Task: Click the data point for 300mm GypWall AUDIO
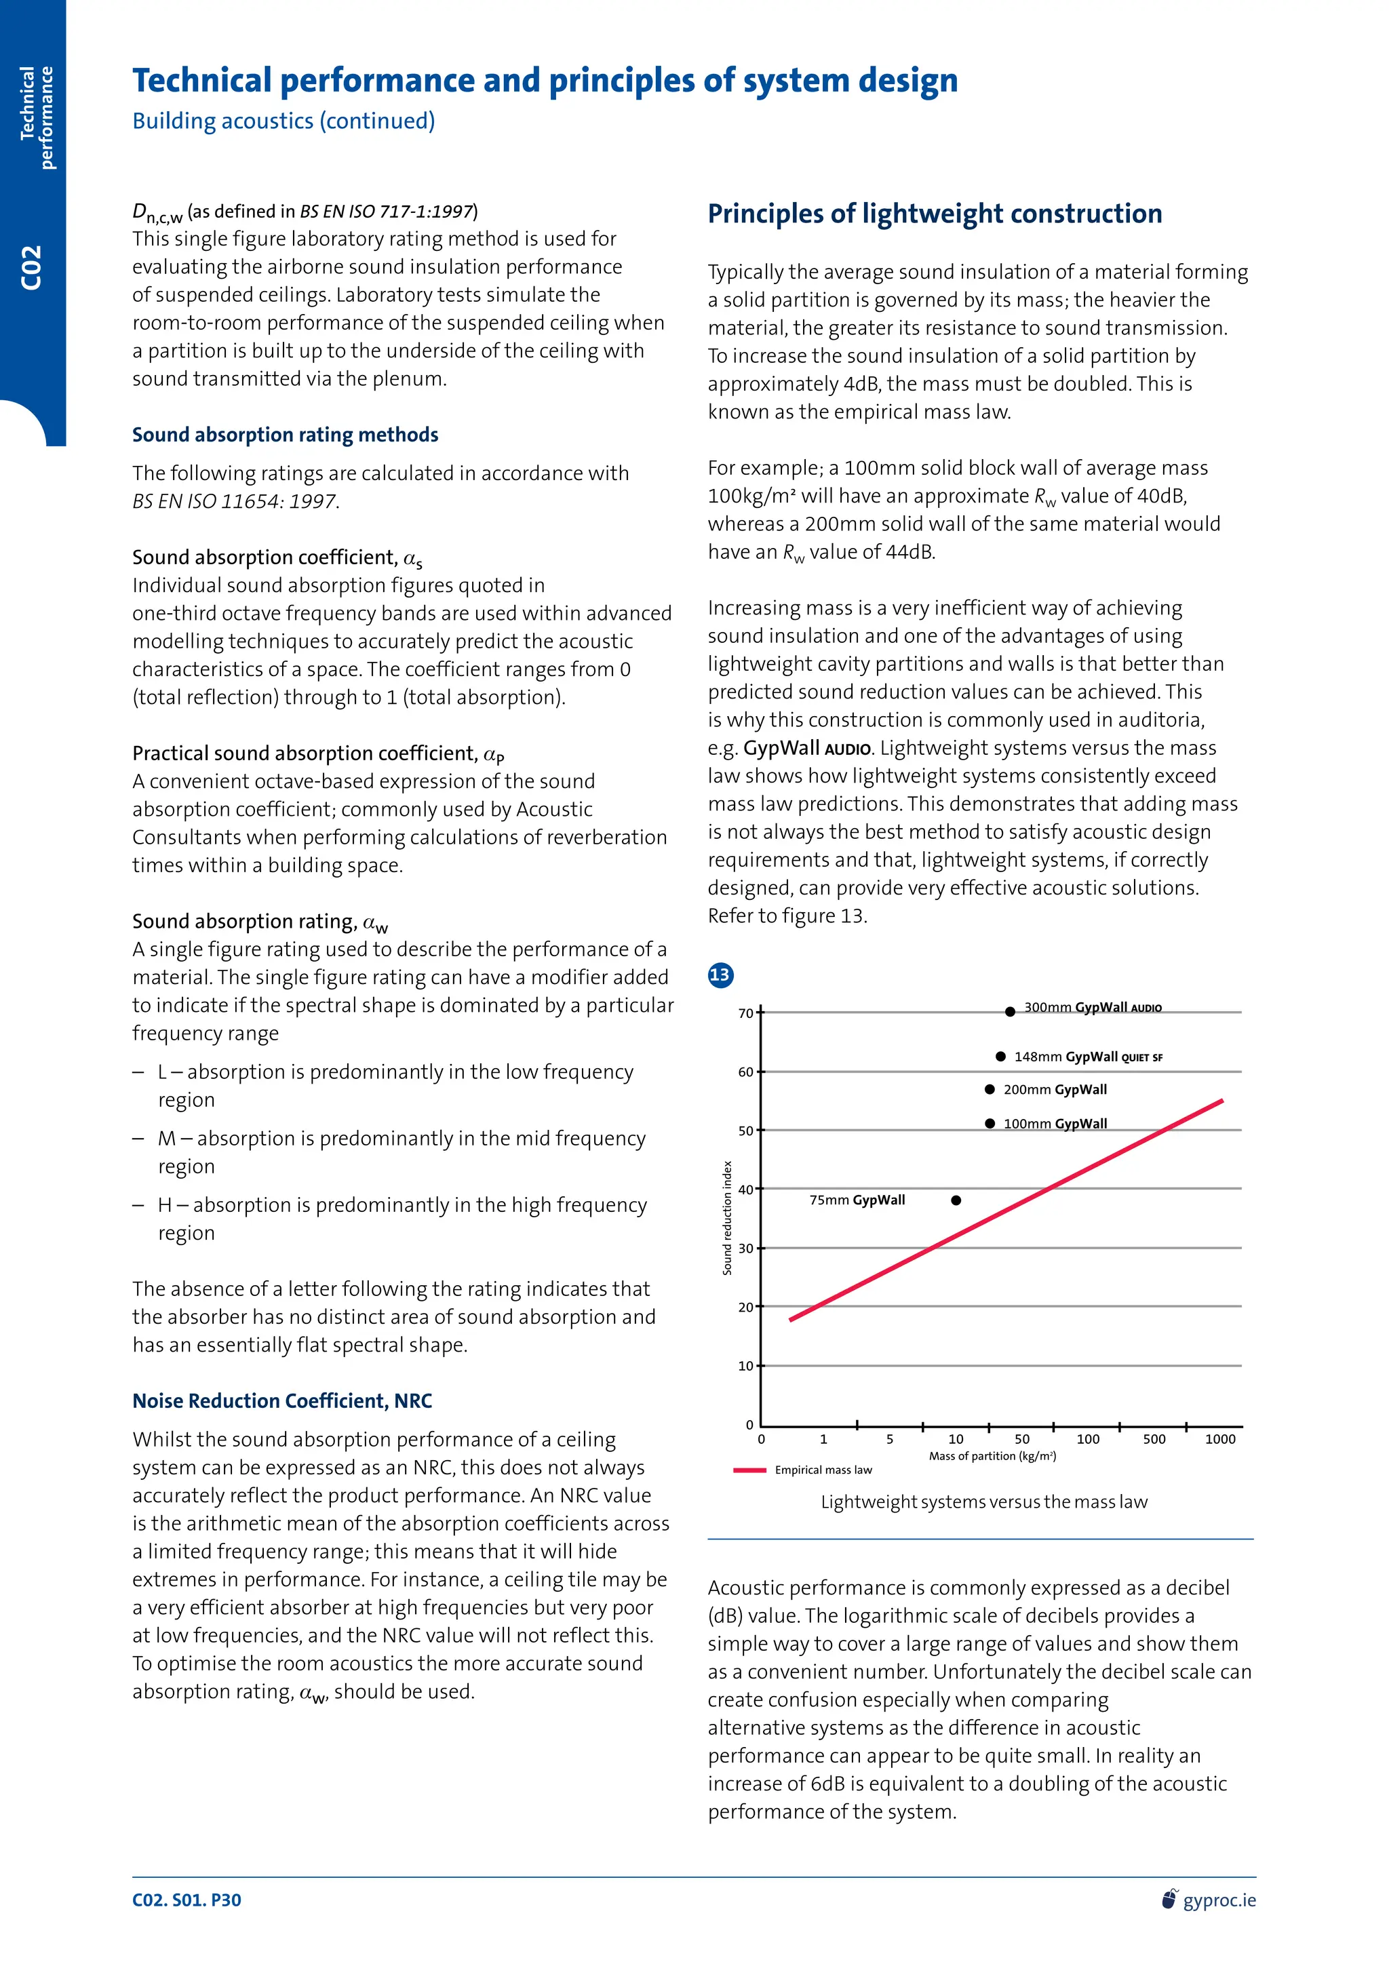point(1010,1012)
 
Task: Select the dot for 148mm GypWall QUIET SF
point(1000,1057)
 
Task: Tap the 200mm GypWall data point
point(990,1090)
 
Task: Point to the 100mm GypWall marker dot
point(990,1123)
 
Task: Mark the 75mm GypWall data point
point(956,1200)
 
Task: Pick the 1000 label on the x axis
point(1219,1439)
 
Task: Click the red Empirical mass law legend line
point(749,1470)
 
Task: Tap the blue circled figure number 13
point(720,975)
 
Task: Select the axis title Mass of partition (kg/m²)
point(992,1456)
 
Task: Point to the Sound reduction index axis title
point(728,1218)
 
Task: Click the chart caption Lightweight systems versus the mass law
point(983,1502)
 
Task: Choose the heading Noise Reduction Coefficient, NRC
point(282,1401)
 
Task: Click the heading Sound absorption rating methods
point(285,435)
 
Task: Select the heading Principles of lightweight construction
point(935,213)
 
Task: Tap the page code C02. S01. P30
point(187,1900)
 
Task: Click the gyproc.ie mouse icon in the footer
point(1169,1899)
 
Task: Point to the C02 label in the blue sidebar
point(32,268)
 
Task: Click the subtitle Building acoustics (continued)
point(283,121)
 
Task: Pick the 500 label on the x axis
point(1154,1439)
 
